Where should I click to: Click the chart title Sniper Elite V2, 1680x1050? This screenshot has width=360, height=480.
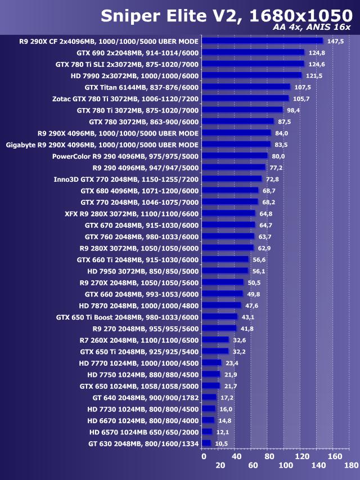[226, 16]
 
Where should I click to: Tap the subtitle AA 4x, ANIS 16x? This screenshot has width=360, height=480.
[320, 28]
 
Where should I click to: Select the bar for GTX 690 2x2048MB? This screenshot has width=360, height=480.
[253, 52]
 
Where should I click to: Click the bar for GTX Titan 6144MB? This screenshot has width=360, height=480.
[245, 87]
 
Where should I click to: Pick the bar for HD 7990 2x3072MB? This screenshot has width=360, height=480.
[251, 75]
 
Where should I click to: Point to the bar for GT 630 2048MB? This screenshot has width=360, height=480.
[206, 443]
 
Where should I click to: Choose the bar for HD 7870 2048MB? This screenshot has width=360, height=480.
[221, 305]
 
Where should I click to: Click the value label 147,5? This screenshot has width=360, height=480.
[335, 41]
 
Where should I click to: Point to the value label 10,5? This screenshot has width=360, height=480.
[221, 443]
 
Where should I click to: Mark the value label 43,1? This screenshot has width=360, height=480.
[248, 317]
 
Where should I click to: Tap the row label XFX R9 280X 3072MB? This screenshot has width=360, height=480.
[132, 213]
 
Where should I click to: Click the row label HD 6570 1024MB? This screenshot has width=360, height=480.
[144, 432]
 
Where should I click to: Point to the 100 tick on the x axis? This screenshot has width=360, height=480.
[286, 465]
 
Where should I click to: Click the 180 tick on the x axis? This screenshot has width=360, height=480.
[351, 465]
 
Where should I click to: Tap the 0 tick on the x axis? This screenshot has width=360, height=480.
[204, 456]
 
